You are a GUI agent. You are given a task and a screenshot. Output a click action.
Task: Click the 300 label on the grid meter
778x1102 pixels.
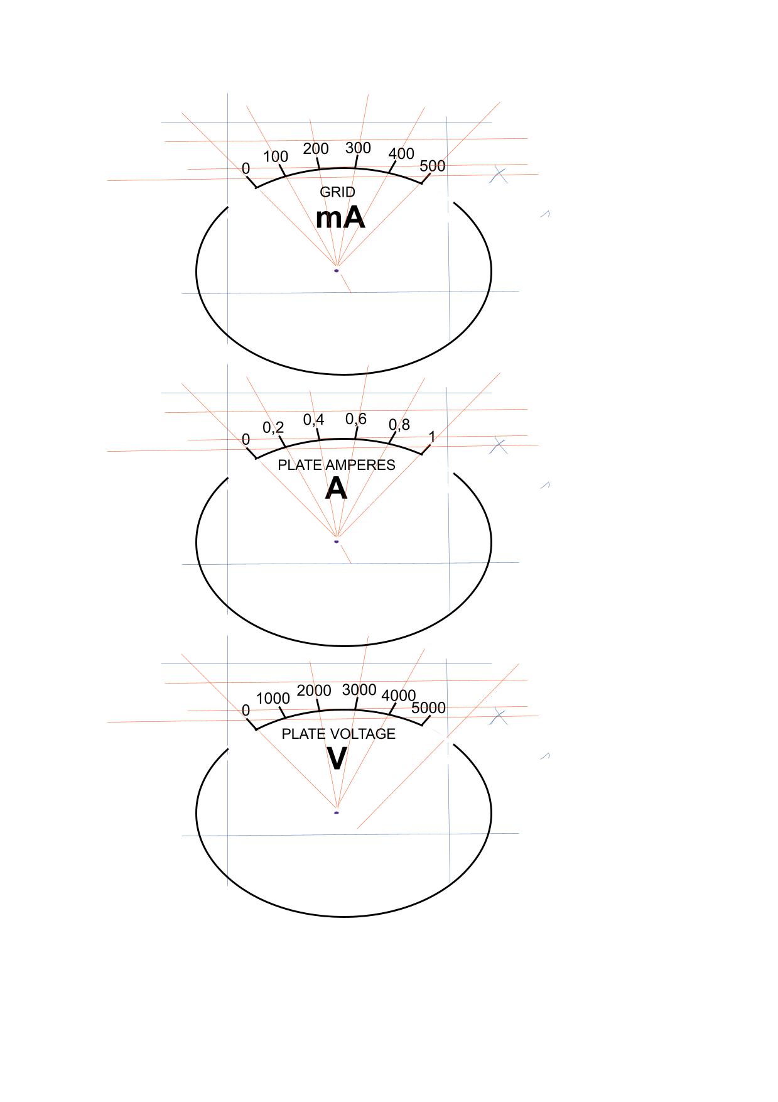pyautogui.click(x=358, y=148)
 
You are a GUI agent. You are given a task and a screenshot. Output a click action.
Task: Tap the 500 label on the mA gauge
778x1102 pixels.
pyautogui.click(x=432, y=166)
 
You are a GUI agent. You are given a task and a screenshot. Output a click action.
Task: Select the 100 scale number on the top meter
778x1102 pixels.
pyautogui.click(x=275, y=157)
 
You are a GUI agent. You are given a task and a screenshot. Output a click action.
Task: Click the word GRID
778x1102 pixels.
pyautogui.click(x=337, y=192)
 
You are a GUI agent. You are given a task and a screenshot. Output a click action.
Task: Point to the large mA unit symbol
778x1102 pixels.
pyautogui.click(x=340, y=218)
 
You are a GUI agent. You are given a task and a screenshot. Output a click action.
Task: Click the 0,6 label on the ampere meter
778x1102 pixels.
pyautogui.click(x=356, y=419)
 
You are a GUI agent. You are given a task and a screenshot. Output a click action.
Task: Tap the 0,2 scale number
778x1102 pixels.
pyautogui.click(x=273, y=428)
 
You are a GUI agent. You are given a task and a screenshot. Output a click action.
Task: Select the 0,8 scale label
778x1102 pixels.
pyautogui.click(x=399, y=425)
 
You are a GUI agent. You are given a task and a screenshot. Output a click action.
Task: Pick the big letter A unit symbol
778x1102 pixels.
pyautogui.click(x=337, y=489)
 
